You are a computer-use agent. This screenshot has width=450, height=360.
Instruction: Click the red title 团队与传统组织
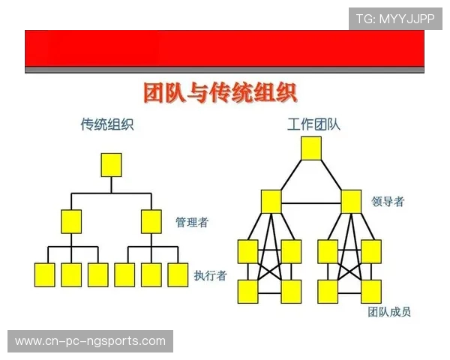(220, 93)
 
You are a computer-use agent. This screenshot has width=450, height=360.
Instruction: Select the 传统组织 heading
(107, 124)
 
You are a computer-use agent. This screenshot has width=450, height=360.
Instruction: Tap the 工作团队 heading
(313, 124)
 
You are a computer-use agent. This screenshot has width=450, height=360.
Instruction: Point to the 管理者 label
(191, 222)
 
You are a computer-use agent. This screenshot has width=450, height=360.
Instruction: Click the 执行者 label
(210, 275)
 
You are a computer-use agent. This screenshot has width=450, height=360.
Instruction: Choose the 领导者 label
(388, 201)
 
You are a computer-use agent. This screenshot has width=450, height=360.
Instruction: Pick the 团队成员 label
(389, 312)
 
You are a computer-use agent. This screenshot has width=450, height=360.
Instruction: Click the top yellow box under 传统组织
(111, 164)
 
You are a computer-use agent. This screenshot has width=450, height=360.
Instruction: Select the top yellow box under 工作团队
(311, 148)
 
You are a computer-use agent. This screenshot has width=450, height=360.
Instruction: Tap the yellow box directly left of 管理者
(151, 221)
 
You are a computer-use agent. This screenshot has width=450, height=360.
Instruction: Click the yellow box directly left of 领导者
(351, 201)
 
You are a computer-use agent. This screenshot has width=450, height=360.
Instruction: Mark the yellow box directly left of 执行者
(177, 274)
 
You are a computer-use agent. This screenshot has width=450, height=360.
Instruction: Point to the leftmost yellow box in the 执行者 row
(45, 274)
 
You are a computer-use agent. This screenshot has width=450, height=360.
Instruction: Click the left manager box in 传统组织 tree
(71, 221)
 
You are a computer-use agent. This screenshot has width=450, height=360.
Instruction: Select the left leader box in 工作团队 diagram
(271, 201)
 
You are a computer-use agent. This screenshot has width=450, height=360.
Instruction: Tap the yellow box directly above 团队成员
(370, 290)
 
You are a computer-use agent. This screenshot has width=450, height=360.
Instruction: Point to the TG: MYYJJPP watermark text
(394, 19)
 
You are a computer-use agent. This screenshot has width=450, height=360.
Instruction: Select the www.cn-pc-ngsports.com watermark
(90, 341)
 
